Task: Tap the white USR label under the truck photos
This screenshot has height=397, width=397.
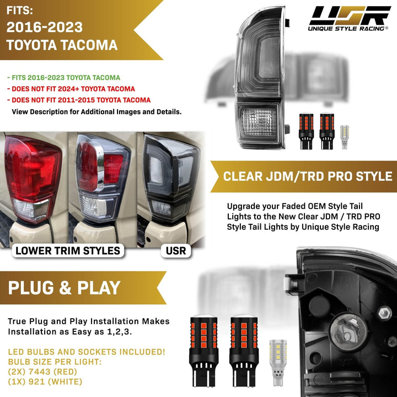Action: pos(176,251)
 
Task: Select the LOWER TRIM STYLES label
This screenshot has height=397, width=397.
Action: pos(68,251)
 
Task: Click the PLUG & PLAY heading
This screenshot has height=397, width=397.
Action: pos(64,288)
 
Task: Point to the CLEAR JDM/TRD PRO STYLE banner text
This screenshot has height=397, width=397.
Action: pos(308,176)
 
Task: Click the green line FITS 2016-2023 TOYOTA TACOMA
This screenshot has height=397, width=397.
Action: pos(63,78)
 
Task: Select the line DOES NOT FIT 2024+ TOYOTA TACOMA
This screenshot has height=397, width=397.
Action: pos(71,89)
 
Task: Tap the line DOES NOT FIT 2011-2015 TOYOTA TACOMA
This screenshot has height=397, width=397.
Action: pos(79,100)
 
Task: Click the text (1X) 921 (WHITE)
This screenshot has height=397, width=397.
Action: pos(45,382)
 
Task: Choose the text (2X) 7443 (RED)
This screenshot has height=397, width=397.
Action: pos(42,372)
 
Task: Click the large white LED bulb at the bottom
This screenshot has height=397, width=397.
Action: pos(278,363)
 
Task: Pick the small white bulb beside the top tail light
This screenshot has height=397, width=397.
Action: pos(344,137)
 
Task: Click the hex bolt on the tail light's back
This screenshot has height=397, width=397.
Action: pos(385,313)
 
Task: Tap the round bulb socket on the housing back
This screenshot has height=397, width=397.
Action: pos(348,332)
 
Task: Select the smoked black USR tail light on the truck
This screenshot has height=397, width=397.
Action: pos(170,177)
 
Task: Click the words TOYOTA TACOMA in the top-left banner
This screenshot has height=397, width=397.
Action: pos(62,45)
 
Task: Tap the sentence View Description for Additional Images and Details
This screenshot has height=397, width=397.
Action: pos(96,111)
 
